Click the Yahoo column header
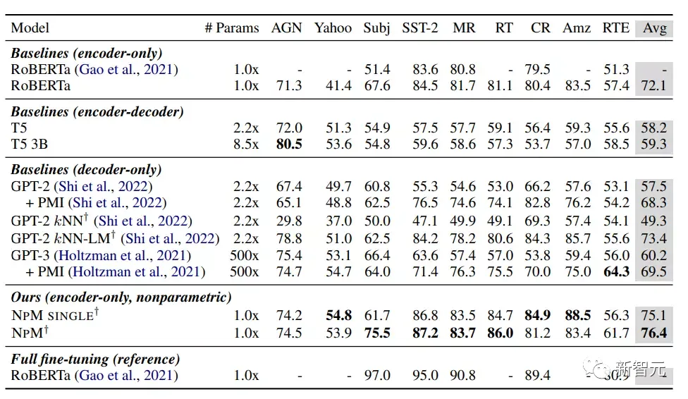(x=333, y=28)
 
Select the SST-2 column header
(x=419, y=28)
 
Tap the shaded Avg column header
(x=653, y=28)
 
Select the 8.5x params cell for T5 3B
(x=246, y=145)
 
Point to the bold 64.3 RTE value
(x=615, y=271)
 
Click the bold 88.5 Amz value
(x=577, y=316)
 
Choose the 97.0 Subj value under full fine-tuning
(x=376, y=376)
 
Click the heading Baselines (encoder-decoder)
(x=97, y=111)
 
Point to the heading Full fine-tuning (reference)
(x=95, y=359)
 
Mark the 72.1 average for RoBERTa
(x=653, y=86)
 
